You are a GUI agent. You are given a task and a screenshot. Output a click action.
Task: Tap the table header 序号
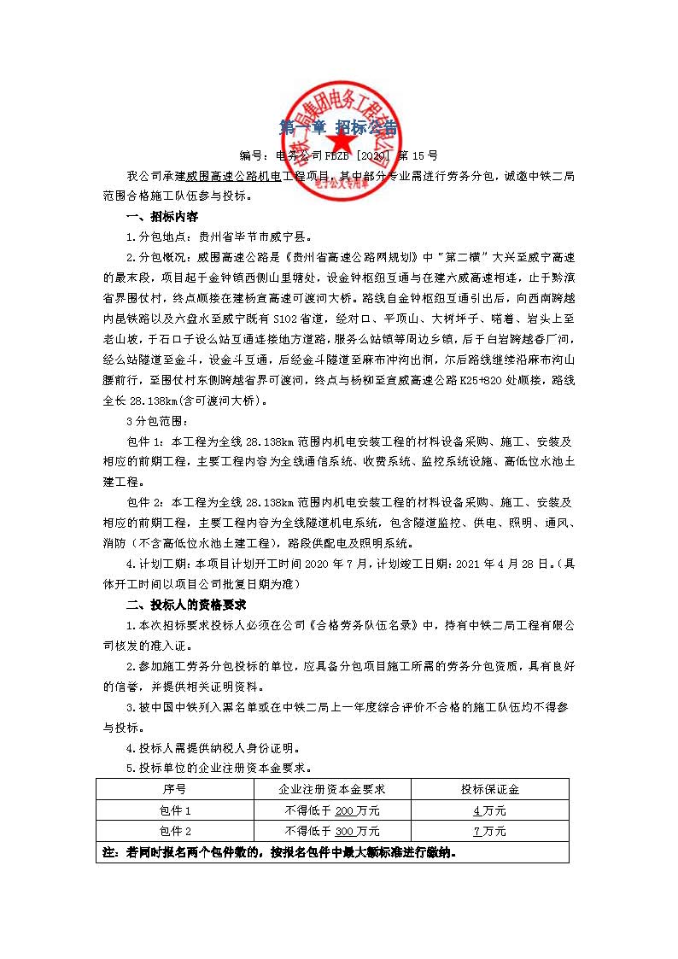point(174,788)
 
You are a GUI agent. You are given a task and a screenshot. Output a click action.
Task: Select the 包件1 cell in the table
point(174,810)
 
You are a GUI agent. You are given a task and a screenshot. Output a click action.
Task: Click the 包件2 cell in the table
point(174,831)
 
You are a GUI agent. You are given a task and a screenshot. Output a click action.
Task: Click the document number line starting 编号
point(339,155)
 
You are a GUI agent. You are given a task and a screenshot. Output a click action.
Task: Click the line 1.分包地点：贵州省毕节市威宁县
point(219,236)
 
